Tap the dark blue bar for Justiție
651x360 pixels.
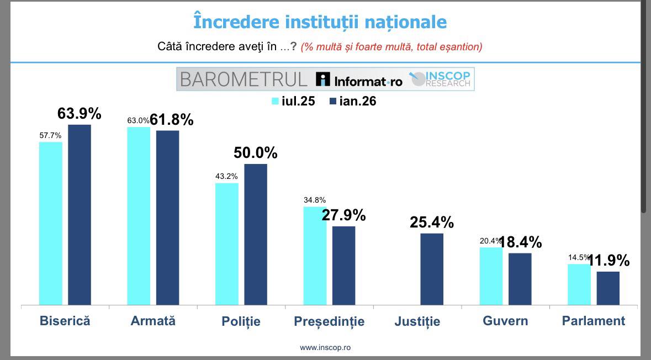432,269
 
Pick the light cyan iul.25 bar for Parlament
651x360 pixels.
579,284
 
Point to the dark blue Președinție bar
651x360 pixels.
343,265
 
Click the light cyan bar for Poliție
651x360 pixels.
227,243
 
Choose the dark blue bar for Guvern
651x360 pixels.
520,279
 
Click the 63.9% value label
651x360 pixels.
80,114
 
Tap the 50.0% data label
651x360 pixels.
255,153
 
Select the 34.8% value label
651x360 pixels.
315,200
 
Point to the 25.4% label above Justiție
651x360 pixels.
432,223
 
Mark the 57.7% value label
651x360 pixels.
50,135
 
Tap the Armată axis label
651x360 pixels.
153,321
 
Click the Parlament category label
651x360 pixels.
593,321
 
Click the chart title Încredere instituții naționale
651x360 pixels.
320,22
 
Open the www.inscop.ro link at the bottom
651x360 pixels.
325,348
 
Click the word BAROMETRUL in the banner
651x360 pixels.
244,79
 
